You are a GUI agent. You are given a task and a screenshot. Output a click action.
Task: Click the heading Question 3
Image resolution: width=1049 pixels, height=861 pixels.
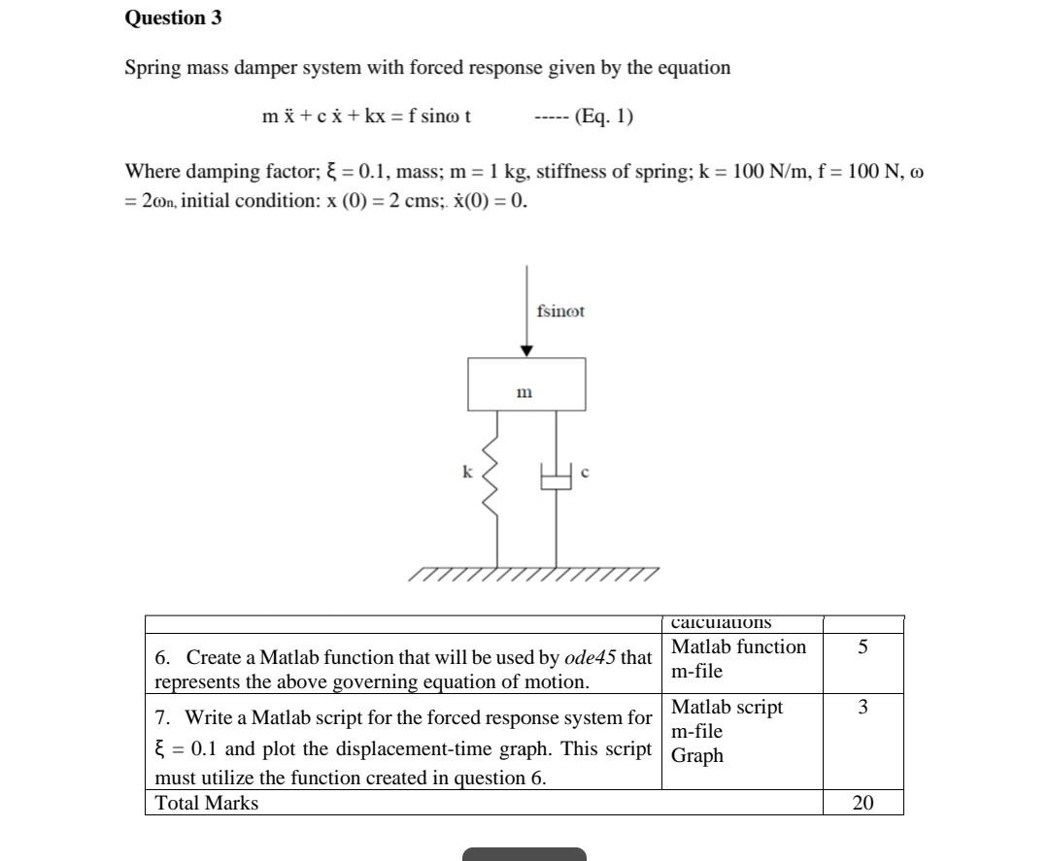point(165,17)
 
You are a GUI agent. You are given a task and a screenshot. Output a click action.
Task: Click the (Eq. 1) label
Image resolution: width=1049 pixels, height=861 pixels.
point(604,117)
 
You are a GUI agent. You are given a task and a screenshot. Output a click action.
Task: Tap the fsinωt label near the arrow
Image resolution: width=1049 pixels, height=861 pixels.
point(560,312)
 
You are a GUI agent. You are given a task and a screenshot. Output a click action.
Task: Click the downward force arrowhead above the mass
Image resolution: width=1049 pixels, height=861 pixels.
point(526,350)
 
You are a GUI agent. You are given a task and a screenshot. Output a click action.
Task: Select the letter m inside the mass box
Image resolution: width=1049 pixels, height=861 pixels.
point(524,393)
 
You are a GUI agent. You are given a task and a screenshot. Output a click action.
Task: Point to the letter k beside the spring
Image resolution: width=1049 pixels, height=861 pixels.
point(466,472)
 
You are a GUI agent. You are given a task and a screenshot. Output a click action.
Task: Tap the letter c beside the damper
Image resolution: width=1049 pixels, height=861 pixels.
point(585,473)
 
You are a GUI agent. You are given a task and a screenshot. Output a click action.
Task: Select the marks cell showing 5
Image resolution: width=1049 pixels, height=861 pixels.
point(863,647)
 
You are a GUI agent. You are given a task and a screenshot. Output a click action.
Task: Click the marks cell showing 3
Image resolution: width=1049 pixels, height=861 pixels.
point(863,708)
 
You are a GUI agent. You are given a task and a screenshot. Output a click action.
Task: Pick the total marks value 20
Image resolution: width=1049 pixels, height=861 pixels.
point(863,803)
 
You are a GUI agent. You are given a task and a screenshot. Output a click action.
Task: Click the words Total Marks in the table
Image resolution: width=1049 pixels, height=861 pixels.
point(207,803)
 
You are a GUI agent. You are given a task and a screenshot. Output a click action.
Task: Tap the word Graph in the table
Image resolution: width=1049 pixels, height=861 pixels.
point(697,756)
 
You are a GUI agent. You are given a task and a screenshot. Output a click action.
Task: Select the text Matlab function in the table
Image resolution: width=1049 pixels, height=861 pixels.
point(738,647)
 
